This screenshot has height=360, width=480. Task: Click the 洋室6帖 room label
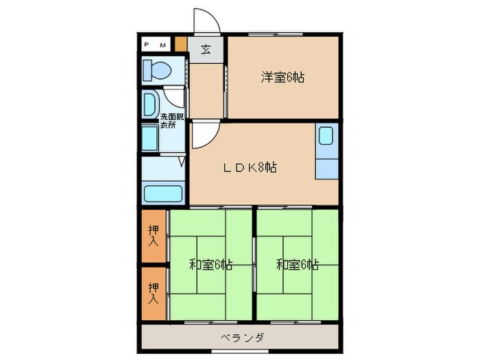click(282, 77)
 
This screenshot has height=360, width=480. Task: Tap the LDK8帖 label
click(248, 167)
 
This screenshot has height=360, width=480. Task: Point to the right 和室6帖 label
click(297, 264)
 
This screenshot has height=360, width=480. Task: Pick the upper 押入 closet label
click(154, 235)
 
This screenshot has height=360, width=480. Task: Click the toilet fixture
click(156, 70)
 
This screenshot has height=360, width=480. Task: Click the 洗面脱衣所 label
click(171, 121)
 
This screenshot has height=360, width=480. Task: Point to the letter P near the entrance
click(147, 45)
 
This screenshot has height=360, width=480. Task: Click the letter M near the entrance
click(163, 45)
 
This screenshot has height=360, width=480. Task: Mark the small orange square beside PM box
click(181, 45)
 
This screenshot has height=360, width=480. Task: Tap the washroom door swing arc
click(175, 95)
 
